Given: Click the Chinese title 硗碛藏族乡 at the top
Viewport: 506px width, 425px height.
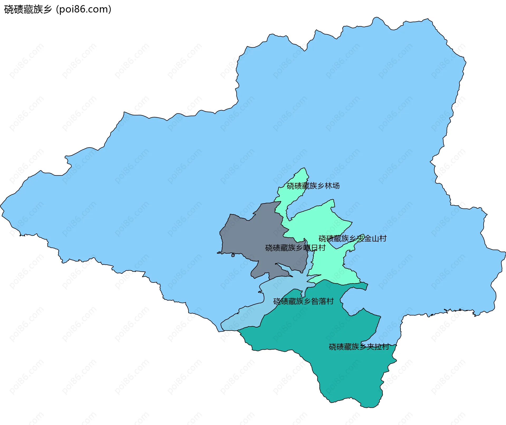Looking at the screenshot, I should tap(28, 9).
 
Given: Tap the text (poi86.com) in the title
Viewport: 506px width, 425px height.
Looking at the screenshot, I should tap(84, 9).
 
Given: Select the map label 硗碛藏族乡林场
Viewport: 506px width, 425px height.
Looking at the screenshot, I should tap(313, 186).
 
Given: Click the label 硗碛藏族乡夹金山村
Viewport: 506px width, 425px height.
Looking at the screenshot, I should tap(352, 239).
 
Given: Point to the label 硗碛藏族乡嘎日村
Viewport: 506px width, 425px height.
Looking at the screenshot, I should tap(295, 248).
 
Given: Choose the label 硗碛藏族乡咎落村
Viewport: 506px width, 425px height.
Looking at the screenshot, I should tap(303, 301).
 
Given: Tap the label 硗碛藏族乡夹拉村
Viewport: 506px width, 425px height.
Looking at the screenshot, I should tap(359, 347).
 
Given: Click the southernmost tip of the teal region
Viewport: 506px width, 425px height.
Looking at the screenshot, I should tap(369, 407).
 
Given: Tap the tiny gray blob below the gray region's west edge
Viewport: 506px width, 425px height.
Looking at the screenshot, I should tap(233, 255).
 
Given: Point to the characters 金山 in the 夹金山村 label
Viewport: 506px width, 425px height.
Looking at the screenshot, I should tap(372, 239).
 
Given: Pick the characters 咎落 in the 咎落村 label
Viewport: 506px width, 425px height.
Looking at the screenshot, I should tap(319, 301).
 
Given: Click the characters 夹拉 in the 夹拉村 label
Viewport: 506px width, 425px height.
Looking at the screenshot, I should tap(374, 347).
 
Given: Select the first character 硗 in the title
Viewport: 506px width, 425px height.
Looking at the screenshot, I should tap(8, 9).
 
